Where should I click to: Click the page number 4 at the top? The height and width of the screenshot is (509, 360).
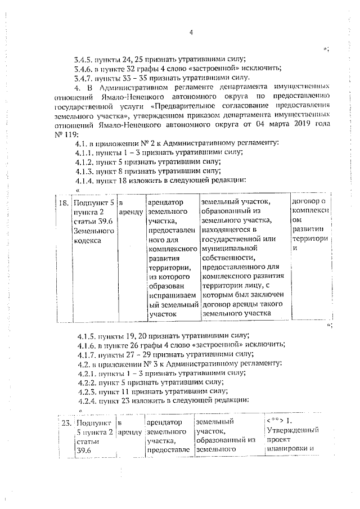coord(191,32)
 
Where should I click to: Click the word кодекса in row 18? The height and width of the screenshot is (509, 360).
coord(88,240)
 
